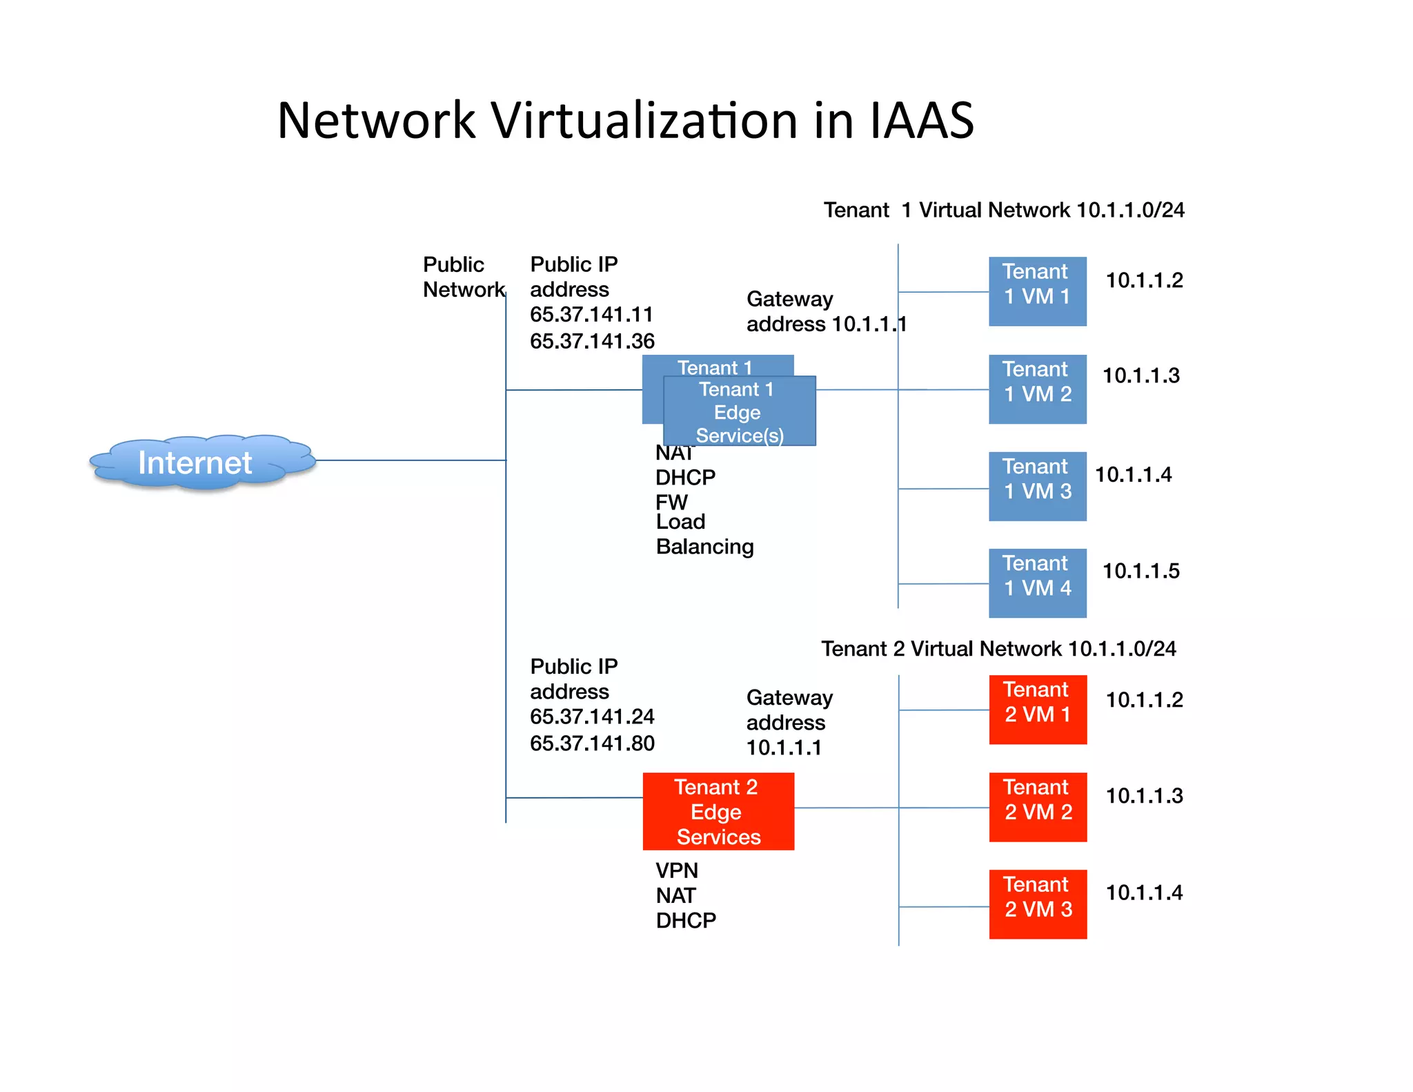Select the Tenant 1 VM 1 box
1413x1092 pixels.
pyautogui.click(x=1037, y=291)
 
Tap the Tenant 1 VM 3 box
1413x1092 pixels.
pyautogui.click(x=1037, y=486)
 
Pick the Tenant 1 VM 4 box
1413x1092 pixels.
pyautogui.click(x=1037, y=583)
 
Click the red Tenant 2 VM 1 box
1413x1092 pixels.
pyautogui.click(x=1038, y=709)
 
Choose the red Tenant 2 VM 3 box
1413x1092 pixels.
pyautogui.click(x=1038, y=904)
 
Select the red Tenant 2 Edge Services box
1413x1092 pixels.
pyautogui.click(x=718, y=811)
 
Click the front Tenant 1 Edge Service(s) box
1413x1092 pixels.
pyautogui.click(x=739, y=411)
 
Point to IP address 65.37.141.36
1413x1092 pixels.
pyautogui.click(x=592, y=341)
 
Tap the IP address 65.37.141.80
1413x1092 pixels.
pyautogui.click(x=592, y=743)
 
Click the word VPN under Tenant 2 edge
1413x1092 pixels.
pyautogui.click(x=676, y=870)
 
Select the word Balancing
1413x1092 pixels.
pyautogui.click(x=704, y=547)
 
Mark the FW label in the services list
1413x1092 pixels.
pyautogui.click(x=671, y=502)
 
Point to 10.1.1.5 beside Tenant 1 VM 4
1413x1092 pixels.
pyautogui.click(x=1140, y=571)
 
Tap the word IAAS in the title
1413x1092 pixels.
pyautogui.click(x=921, y=121)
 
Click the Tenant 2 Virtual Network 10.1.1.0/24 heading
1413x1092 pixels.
pyautogui.click(x=998, y=649)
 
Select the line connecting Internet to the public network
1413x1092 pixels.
pyautogui.click(x=411, y=460)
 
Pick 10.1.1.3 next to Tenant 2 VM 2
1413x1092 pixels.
pyautogui.click(x=1144, y=796)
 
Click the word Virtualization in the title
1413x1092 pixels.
pyautogui.click(x=644, y=121)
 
